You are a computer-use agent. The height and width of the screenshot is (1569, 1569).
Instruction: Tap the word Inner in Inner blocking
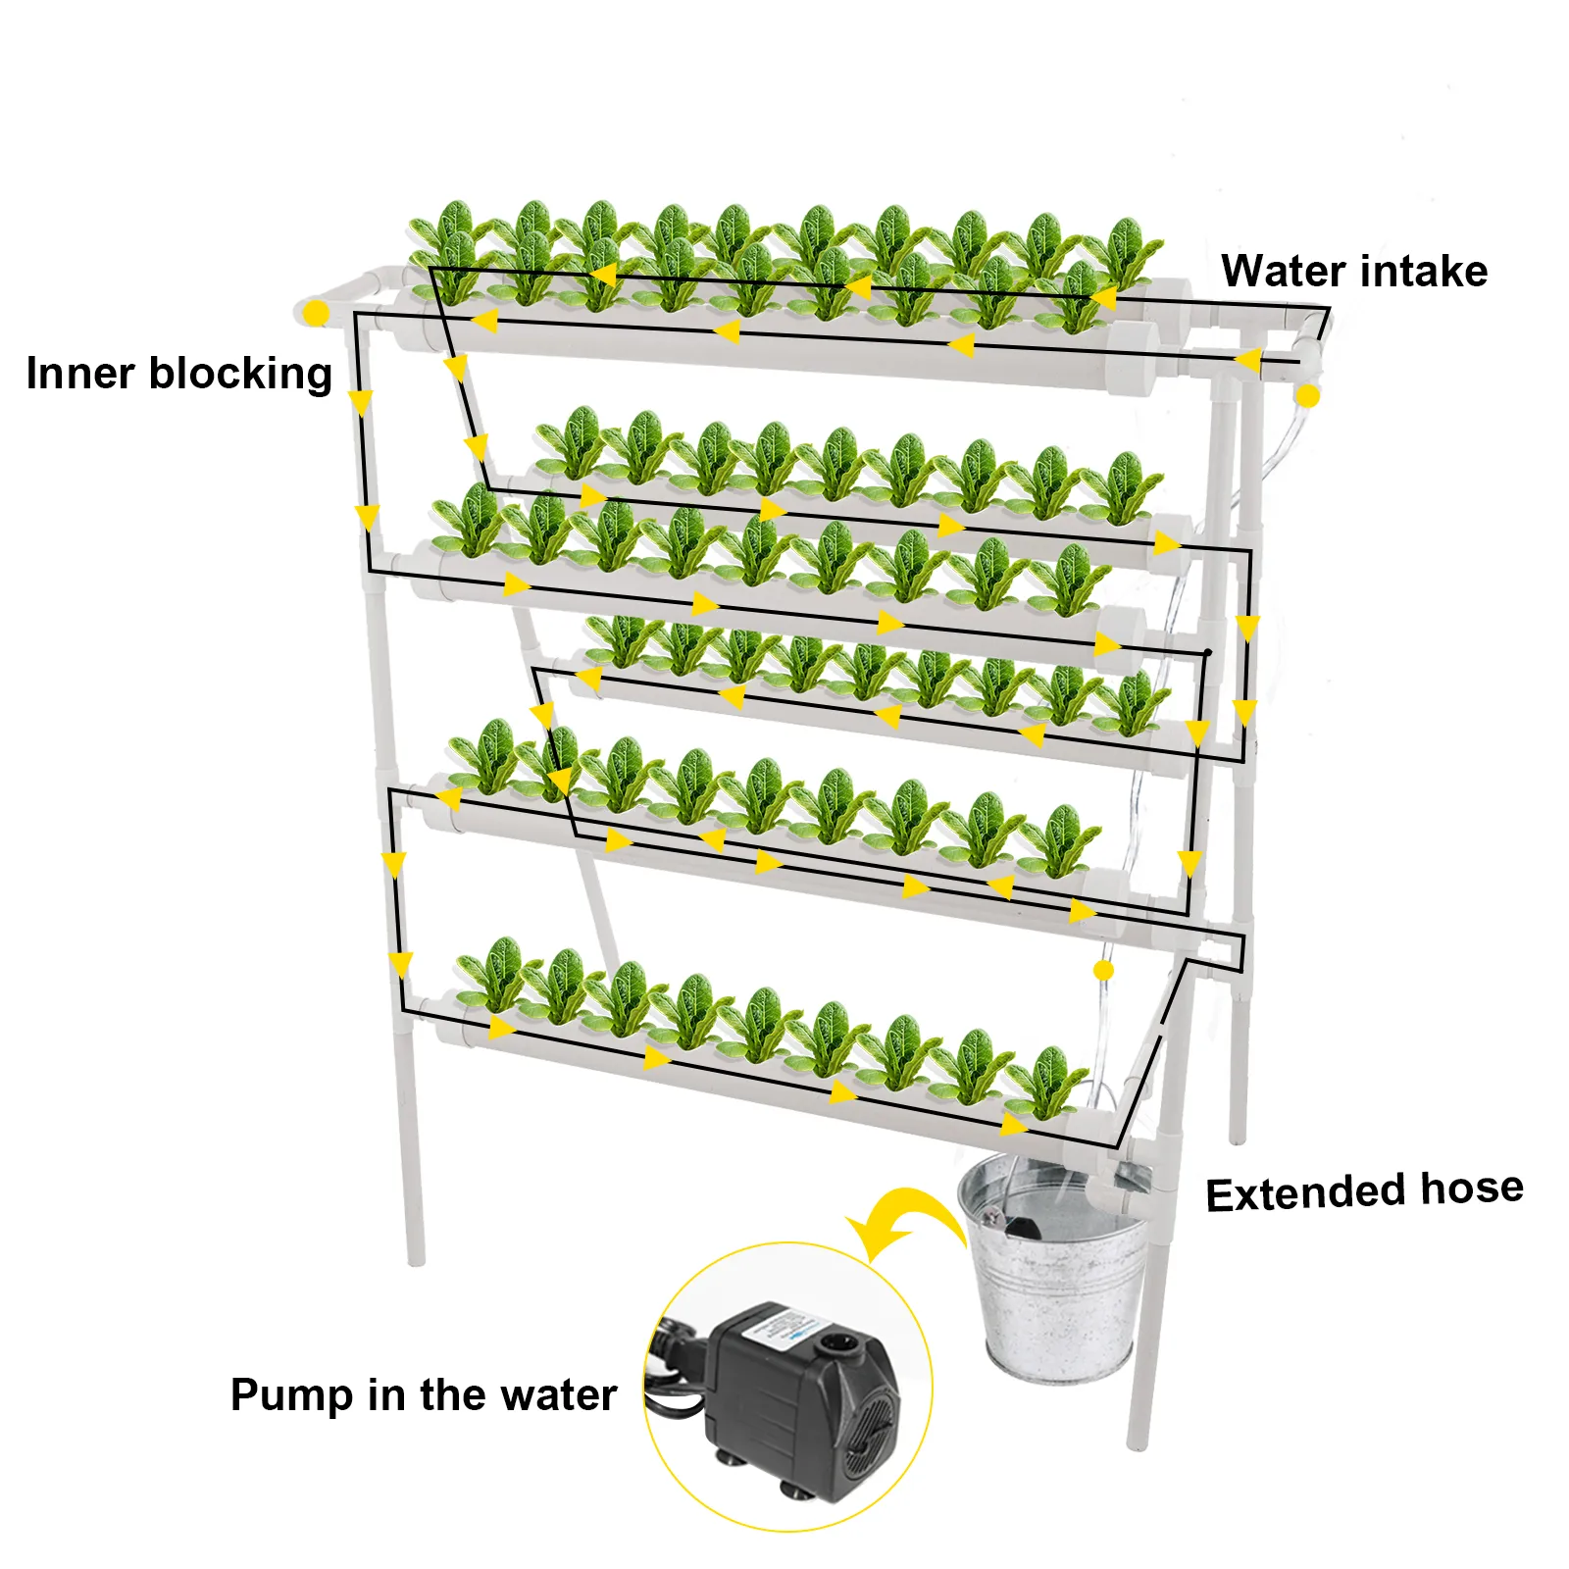(x=80, y=374)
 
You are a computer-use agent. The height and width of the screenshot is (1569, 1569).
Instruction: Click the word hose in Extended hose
(x=1472, y=1189)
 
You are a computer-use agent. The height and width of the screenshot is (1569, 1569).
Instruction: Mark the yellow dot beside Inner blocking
(x=316, y=314)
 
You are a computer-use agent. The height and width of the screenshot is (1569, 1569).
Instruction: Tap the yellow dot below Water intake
(x=1307, y=396)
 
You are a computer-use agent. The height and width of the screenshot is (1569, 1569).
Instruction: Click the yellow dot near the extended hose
(x=1103, y=970)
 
